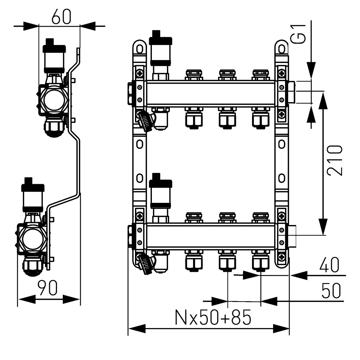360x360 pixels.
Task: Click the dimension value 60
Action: point(61,17)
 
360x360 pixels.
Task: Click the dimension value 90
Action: point(48,289)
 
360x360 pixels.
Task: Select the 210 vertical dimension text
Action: point(334,160)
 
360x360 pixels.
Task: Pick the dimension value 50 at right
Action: point(331,291)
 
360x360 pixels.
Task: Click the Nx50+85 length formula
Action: point(213,318)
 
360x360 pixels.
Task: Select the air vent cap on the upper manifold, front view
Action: point(160,38)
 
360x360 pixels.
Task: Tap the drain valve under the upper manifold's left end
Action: point(145,121)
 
